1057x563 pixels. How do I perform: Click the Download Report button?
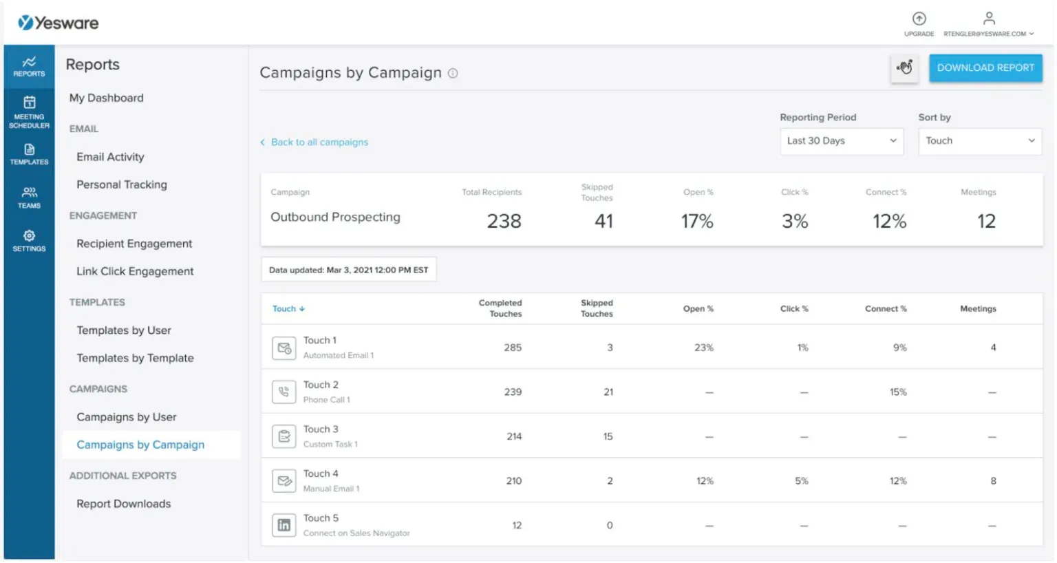(x=985, y=68)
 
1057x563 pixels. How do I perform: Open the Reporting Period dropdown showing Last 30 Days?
(x=841, y=141)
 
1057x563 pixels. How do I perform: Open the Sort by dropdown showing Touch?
(x=979, y=141)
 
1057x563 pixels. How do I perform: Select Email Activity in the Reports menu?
(x=110, y=157)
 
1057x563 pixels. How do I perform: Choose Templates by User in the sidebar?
(x=124, y=330)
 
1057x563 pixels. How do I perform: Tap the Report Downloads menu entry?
(x=124, y=504)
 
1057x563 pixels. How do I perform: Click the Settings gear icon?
(x=29, y=236)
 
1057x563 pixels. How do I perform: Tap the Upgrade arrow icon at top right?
(x=919, y=19)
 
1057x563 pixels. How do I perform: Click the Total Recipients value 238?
(x=504, y=222)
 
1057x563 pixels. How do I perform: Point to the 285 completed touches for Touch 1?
(x=513, y=348)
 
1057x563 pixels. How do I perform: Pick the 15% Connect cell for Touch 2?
(x=898, y=392)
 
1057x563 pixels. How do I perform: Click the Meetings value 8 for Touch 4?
(x=993, y=481)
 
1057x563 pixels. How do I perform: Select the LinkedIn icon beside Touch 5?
(x=284, y=526)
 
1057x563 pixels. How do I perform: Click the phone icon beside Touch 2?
(x=284, y=392)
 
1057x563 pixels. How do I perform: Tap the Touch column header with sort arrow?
(x=288, y=309)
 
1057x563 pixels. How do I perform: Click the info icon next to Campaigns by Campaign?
(x=453, y=74)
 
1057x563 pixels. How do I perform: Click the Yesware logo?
(x=58, y=23)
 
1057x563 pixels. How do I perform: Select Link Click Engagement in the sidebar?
(x=135, y=271)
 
